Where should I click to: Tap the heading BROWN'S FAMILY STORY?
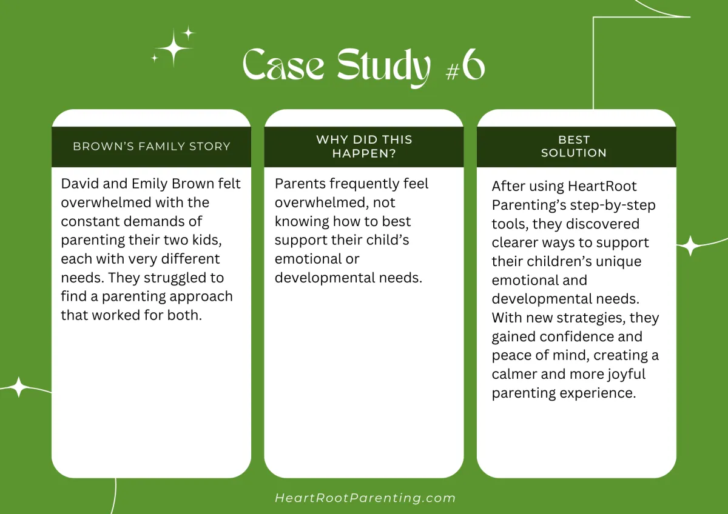pos(152,146)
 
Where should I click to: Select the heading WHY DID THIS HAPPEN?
pos(364,146)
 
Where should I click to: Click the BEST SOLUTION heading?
pos(574,146)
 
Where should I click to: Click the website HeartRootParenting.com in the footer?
pos(365,498)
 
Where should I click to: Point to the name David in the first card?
pos(79,184)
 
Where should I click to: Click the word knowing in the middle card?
pos(302,221)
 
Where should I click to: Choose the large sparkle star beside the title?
pos(174,47)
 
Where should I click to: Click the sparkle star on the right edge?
pos(689,246)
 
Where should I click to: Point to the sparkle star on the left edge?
pos(19,387)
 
